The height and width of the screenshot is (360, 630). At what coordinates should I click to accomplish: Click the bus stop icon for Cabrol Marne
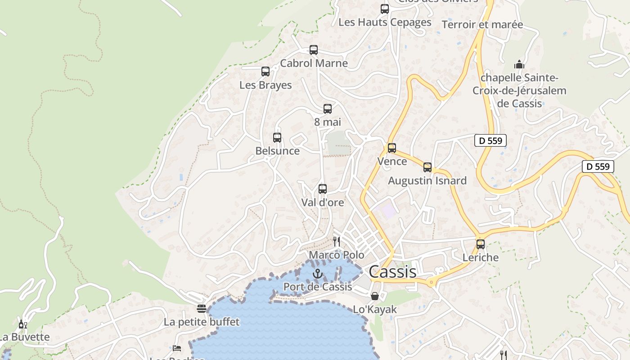[x=314, y=50]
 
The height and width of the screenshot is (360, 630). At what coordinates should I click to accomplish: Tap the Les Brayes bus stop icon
[x=265, y=72]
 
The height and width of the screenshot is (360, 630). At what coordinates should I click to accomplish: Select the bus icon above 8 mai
[x=328, y=108]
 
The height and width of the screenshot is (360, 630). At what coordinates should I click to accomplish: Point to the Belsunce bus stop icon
[x=277, y=138]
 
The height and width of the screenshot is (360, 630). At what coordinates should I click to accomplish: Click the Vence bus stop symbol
[x=392, y=148]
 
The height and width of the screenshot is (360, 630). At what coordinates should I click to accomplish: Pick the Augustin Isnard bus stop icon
[x=427, y=167]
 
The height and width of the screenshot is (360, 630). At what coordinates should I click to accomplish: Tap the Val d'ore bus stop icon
[x=323, y=189]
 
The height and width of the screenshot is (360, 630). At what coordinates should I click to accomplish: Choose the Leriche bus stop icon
[x=481, y=244]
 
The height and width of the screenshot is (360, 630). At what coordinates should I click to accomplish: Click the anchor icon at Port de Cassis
[x=318, y=273]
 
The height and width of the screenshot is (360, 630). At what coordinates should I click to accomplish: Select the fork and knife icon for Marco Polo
[x=337, y=242]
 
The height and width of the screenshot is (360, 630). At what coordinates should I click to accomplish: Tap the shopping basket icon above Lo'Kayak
[x=374, y=296]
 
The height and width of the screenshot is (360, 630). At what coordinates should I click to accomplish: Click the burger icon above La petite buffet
[x=202, y=309]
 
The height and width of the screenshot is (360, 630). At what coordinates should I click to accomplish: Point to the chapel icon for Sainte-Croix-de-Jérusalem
[x=519, y=64]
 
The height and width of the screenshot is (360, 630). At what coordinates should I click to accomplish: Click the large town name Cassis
[x=392, y=272]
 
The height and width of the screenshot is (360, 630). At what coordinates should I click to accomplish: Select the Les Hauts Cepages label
[x=385, y=22]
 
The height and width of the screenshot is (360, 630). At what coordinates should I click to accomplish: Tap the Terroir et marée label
[x=482, y=24]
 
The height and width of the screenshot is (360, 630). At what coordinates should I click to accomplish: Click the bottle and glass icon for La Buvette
[x=22, y=324]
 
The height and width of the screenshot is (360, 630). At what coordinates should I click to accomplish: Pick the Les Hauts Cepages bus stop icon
[x=385, y=9]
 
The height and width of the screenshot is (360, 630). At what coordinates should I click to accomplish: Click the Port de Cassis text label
[x=318, y=287]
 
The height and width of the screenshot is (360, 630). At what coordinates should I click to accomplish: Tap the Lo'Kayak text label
[x=375, y=309]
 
